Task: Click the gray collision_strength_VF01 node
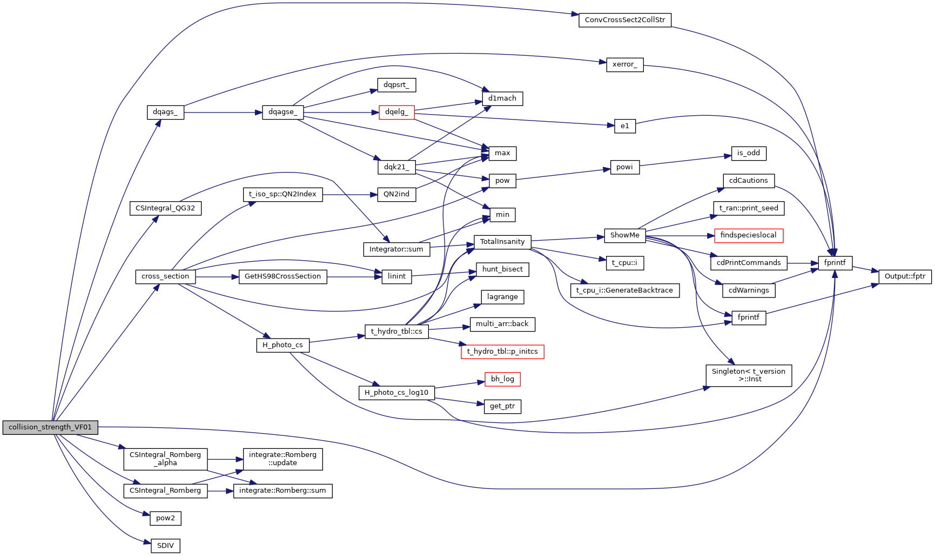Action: pyautogui.click(x=50, y=427)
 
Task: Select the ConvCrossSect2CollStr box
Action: pyautogui.click(x=624, y=20)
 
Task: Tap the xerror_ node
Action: pyautogui.click(x=624, y=64)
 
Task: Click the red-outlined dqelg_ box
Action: pyautogui.click(x=396, y=112)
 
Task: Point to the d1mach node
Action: pyautogui.click(x=502, y=98)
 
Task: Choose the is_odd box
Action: pyautogui.click(x=748, y=153)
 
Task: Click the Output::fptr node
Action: pyautogui.click(x=905, y=276)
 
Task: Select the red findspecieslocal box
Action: pyautogui.click(x=748, y=235)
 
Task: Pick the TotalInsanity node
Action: pyautogui.click(x=502, y=242)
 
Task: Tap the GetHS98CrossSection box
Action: pyautogui.click(x=282, y=276)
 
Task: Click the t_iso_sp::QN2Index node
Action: pyautogui.click(x=282, y=194)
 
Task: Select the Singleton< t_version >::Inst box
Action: pyautogui.click(x=748, y=375)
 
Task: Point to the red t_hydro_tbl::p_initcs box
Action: pyautogui.click(x=502, y=352)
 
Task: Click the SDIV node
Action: pyautogui.click(x=165, y=546)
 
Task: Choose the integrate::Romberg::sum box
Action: pyautogui.click(x=282, y=491)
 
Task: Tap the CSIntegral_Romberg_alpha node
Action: pyautogui.click(x=165, y=459)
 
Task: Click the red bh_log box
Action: pyautogui.click(x=502, y=379)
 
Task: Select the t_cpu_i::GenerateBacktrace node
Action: pyautogui.click(x=624, y=290)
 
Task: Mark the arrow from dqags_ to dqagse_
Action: pyautogui.click(x=221, y=112)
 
